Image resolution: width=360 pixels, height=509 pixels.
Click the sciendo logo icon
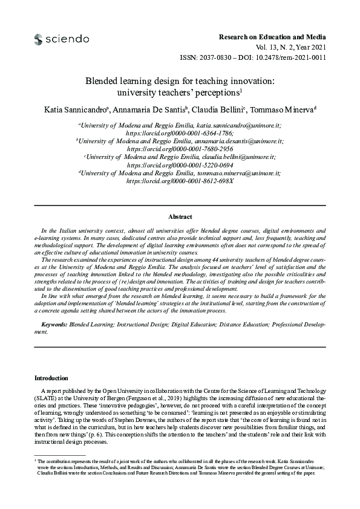39,39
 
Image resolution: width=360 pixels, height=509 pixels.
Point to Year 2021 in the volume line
311,48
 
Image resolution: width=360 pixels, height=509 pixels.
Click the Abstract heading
180,216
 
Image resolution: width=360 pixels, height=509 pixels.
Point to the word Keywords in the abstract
53,325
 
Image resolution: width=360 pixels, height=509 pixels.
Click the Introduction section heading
51,378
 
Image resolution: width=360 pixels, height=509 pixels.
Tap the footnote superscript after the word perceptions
241,91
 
